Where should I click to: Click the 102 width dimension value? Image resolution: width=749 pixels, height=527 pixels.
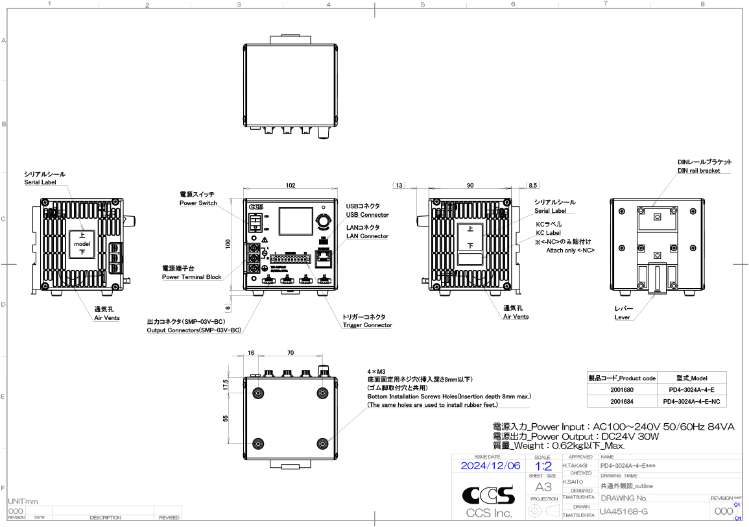pyautogui.click(x=291, y=186)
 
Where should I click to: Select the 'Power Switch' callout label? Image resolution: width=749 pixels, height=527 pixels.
pyautogui.click(x=198, y=204)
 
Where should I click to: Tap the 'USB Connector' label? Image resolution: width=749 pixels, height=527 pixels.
pyautogui.click(x=367, y=215)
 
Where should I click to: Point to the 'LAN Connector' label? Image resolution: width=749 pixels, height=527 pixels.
pyautogui.click(x=367, y=236)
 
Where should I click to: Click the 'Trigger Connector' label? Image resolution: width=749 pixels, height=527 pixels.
pyautogui.click(x=367, y=325)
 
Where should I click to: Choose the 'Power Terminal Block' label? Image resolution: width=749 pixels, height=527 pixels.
pyautogui.click(x=191, y=277)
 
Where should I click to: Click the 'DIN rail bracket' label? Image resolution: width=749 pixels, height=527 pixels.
pyautogui.click(x=699, y=171)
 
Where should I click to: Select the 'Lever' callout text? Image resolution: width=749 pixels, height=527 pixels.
pyautogui.click(x=623, y=317)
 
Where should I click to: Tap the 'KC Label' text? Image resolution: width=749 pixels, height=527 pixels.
pyautogui.click(x=548, y=232)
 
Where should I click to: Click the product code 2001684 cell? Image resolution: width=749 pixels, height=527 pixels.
pyautogui.click(x=621, y=402)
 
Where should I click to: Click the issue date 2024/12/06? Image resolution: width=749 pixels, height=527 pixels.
pyautogui.click(x=490, y=466)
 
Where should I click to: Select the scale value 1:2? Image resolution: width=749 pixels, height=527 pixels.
pyautogui.click(x=543, y=466)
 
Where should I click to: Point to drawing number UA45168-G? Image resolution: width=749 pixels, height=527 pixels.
pyautogui.click(x=624, y=513)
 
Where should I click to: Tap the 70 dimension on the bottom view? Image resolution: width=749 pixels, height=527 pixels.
pyautogui.click(x=290, y=353)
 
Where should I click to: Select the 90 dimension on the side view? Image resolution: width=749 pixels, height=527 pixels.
pyautogui.click(x=470, y=186)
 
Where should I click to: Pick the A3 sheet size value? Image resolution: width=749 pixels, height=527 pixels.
pyautogui.click(x=543, y=487)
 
